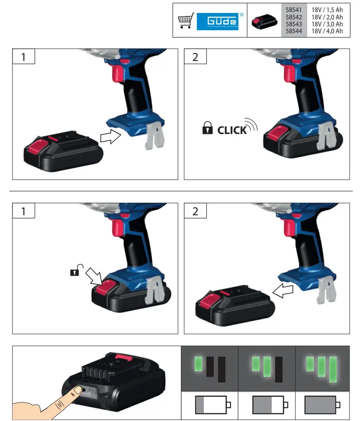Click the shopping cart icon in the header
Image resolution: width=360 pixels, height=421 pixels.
[186, 21]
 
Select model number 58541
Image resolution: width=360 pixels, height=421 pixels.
[293, 9]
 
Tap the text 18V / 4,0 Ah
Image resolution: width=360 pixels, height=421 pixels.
[327, 31]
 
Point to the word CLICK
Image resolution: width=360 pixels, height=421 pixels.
[231, 130]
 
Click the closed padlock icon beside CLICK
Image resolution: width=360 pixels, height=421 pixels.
[208, 128]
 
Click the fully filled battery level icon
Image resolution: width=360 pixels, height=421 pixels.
[322, 405]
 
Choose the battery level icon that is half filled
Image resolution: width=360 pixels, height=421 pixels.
[268, 405]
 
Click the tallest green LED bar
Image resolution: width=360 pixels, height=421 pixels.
[333, 369]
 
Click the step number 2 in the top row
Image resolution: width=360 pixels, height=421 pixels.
[196, 57]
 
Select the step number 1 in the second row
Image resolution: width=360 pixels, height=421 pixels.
[23, 211]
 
